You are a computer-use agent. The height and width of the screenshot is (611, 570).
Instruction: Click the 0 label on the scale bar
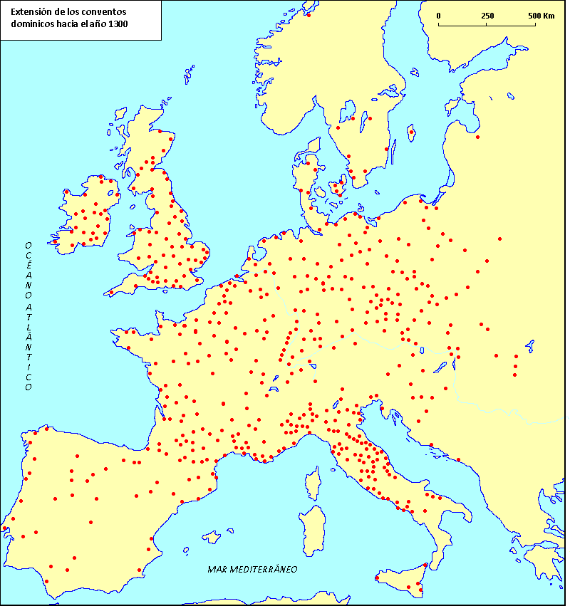[x=438, y=16]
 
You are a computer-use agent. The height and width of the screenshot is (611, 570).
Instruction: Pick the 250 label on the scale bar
[x=487, y=16]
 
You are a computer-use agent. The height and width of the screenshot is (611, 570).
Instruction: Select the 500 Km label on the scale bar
[x=541, y=16]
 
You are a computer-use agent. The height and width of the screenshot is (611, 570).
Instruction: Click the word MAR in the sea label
[x=217, y=570]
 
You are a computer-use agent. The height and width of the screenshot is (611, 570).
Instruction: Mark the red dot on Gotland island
[x=412, y=131]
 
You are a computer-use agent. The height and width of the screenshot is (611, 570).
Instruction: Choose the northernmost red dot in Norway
[x=309, y=14]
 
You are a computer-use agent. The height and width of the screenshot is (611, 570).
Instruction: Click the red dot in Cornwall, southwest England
[x=111, y=292]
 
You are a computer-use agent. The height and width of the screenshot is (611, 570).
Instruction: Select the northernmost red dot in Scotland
[x=160, y=131]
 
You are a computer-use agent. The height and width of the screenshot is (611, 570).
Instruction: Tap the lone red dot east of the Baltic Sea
[x=478, y=137]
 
